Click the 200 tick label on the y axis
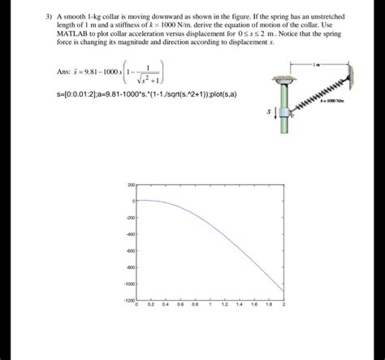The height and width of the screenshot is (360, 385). (131, 185)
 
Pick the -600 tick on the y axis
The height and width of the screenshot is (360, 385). (130, 251)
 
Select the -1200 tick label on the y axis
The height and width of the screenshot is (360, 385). (129, 301)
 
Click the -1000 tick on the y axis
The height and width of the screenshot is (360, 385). (129, 284)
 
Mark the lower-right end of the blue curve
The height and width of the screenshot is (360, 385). (283, 292)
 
